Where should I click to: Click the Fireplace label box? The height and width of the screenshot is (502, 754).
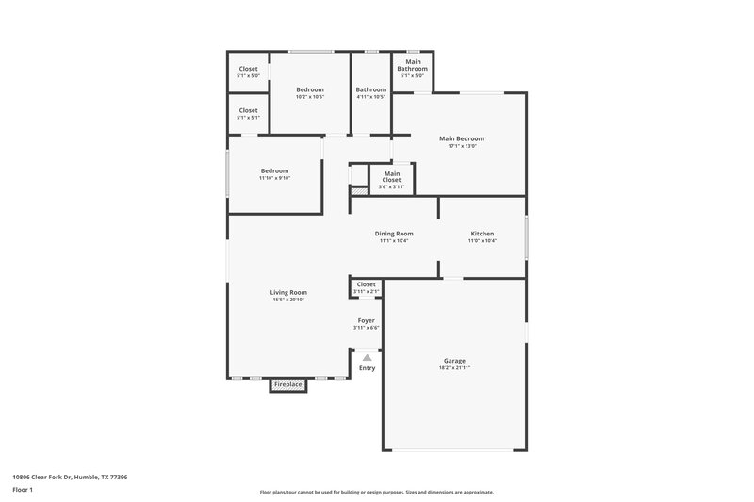click(288, 385)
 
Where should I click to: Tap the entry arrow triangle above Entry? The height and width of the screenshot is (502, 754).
click(367, 357)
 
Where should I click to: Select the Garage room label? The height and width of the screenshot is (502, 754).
click(454, 361)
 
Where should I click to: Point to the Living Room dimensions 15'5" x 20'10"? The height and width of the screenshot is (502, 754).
click(289, 300)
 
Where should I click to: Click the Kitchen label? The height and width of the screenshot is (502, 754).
click(483, 234)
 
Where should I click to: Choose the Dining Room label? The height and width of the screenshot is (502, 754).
click(394, 234)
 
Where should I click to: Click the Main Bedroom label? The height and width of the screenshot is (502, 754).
click(461, 138)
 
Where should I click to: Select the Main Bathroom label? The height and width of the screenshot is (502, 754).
click(412, 65)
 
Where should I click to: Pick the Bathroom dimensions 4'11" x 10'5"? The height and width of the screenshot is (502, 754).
click(371, 97)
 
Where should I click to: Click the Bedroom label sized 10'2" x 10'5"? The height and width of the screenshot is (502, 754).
click(310, 89)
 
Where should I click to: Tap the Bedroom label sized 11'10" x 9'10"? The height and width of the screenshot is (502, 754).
click(274, 170)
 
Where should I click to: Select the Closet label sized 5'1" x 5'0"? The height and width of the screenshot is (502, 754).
click(248, 69)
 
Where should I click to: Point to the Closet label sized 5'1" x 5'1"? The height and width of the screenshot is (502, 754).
click(248, 110)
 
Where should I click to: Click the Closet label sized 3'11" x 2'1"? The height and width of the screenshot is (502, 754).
click(366, 284)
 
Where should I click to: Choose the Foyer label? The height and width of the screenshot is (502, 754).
click(366, 320)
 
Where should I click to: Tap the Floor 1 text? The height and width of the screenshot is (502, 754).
click(24, 491)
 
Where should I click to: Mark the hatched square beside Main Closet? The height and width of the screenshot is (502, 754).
click(358, 191)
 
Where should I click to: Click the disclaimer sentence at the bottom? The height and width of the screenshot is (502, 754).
click(376, 492)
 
